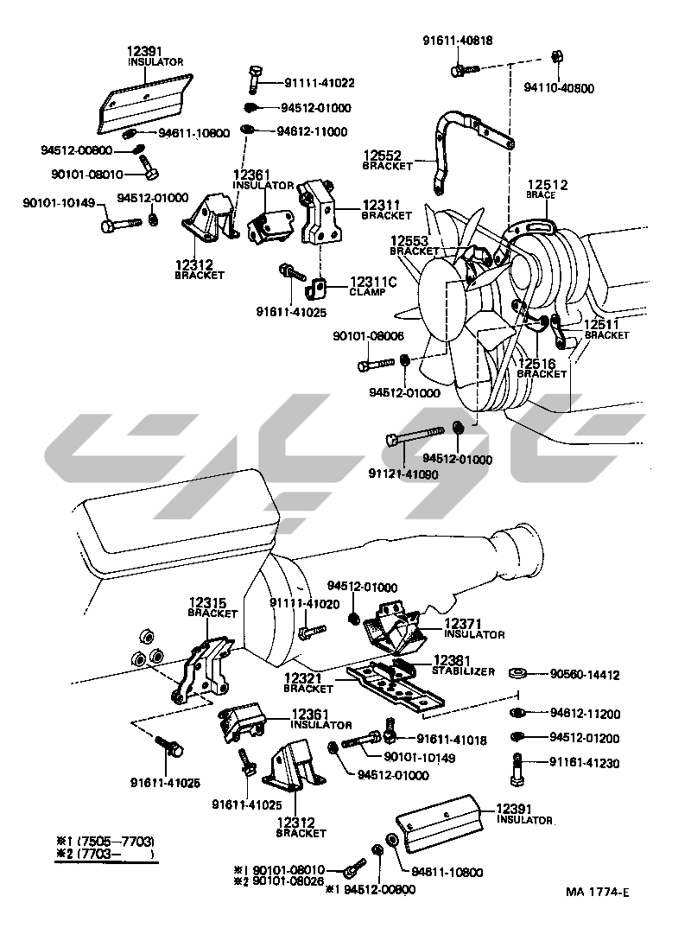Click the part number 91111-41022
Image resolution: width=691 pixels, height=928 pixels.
319,83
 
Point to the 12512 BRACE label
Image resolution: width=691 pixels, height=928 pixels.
547,188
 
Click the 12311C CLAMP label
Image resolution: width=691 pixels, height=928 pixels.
372,287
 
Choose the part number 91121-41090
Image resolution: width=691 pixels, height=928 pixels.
403,474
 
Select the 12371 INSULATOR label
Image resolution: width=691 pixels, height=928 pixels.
474,627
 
